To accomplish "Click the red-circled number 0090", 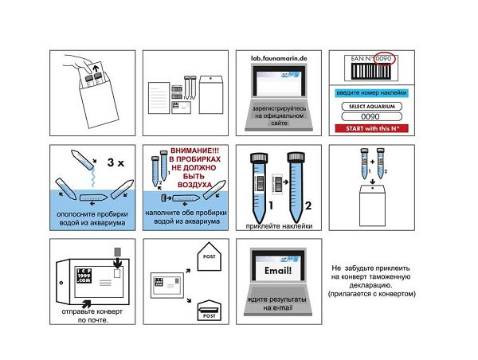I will [385, 59].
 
